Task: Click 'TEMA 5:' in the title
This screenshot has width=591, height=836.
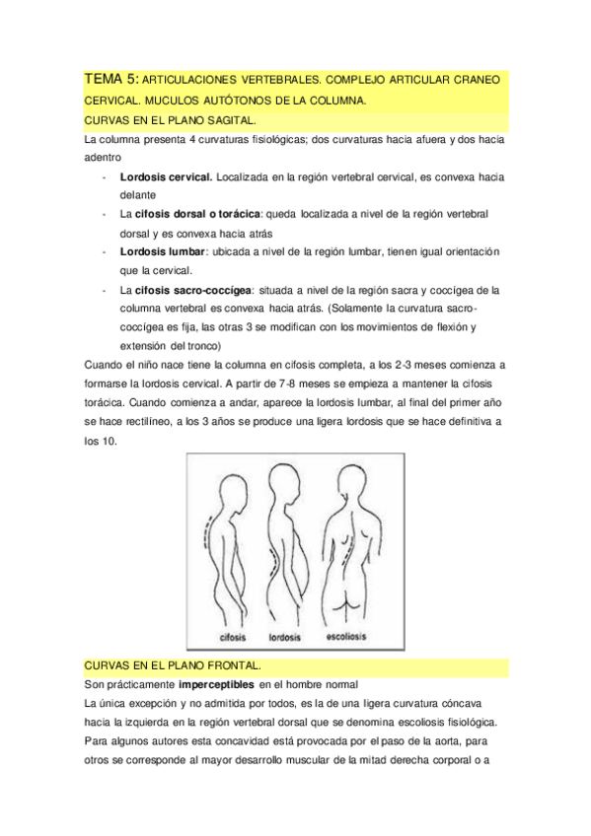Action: [x=111, y=78]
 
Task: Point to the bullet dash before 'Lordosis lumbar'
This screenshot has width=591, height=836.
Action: [x=104, y=251]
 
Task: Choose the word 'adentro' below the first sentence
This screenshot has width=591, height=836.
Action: [x=104, y=157]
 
